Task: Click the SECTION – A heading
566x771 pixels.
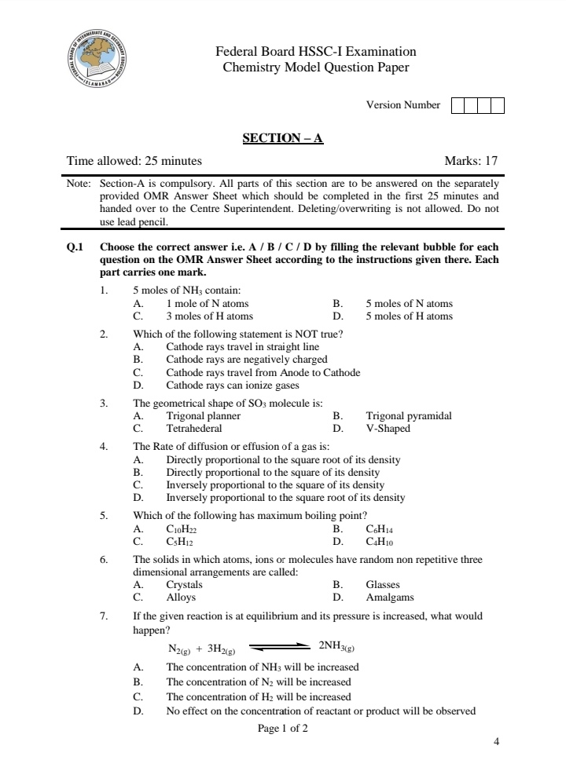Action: pyautogui.click(x=283, y=139)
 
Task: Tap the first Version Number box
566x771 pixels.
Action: pyautogui.click(x=458, y=105)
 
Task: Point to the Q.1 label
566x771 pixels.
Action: pyautogui.click(x=75, y=246)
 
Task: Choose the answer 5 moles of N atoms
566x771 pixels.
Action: pyautogui.click(x=409, y=304)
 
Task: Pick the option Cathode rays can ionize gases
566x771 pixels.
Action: pyautogui.click(x=232, y=385)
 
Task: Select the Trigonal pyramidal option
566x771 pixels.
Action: pyautogui.click(x=408, y=416)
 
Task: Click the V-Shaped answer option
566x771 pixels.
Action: pyautogui.click(x=388, y=429)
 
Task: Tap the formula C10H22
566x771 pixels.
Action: pyautogui.click(x=182, y=530)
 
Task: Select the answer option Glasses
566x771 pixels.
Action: pyautogui.click(x=383, y=585)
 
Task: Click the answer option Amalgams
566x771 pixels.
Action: pyautogui.click(x=389, y=597)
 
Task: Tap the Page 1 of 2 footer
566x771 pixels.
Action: pyautogui.click(x=282, y=729)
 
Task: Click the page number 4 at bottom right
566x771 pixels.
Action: pyautogui.click(x=496, y=741)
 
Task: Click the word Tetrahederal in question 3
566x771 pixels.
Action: pyautogui.click(x=193, y=429)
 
